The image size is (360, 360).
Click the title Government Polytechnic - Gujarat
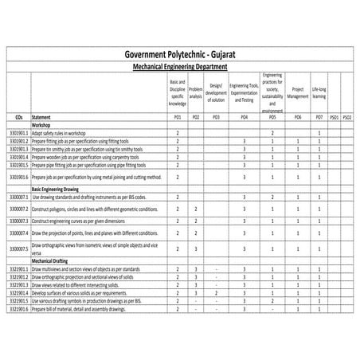coord(180,53)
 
